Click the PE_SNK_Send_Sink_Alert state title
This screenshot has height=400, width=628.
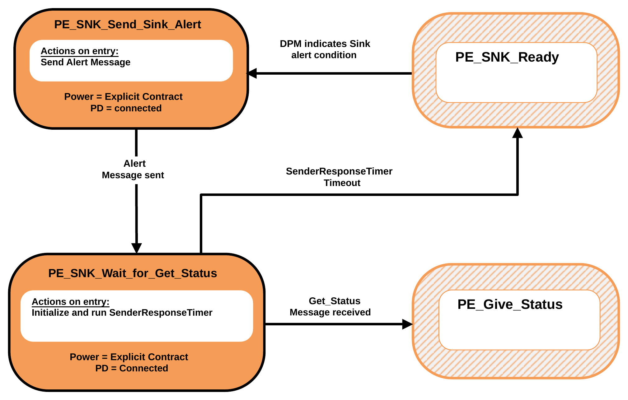(128, 25)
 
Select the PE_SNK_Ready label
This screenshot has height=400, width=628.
(507, 57)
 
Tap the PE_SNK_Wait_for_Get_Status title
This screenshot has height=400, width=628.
(133, 273)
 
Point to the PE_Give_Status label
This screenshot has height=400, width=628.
(510, 305)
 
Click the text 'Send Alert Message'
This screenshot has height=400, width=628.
(86, 62)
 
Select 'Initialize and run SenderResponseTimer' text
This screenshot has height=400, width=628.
(122, 313)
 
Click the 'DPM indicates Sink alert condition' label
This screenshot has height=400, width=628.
(325, 49)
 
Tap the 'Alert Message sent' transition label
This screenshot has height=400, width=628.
(133, 169)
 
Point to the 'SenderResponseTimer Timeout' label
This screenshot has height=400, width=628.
(339, 177)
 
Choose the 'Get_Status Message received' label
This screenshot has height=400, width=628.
(330, 306)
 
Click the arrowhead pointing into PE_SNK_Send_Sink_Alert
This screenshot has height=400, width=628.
(251, 73)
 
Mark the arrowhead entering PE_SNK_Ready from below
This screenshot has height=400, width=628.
(518, 133)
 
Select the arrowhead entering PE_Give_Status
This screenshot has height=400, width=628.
(407, 324)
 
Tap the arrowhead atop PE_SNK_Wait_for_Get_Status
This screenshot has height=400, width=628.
(137, 248)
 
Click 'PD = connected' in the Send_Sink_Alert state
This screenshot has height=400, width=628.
(126, 108)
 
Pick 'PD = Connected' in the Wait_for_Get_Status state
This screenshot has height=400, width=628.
(132, 368)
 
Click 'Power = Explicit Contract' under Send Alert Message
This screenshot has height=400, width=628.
(123, 97)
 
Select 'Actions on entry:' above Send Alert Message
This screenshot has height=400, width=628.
(80, 51)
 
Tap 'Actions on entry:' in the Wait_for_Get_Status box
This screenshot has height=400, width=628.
(71, 302)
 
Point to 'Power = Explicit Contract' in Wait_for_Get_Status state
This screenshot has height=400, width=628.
(129, 357)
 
